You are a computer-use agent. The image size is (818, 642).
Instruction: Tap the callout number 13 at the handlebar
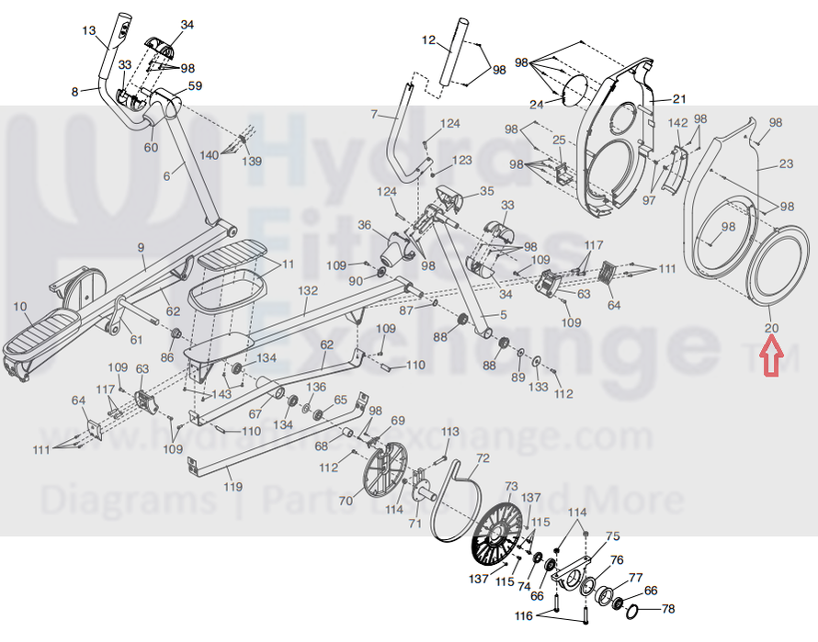pyautogui.click(x=89, y=31)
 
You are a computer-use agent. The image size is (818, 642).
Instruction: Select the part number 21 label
pyautogui.click(x=679, y=99)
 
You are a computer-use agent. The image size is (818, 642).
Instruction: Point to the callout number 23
pyautogui.click(x=785, y=165)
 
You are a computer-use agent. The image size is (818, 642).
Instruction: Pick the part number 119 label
pyautogui.click(x=233, y=486)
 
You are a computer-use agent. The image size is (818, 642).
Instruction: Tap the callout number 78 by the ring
pyautogui.click(x=667, y=609)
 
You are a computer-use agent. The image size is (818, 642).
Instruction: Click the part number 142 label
pyautogui.click(x=677, y=123)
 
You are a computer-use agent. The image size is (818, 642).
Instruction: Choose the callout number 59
pyautogui.click(x=195, y=87)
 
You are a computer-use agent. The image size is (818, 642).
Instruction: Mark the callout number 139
pyautogui.click(x=252, y=162)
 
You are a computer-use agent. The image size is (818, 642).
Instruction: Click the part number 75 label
pyautogui.click(x=612, y=536)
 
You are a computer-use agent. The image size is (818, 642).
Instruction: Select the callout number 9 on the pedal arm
pyautogui.click(x=141, y=248)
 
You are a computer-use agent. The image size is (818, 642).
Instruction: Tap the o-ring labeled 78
pyautogui.click(x=640, y=611)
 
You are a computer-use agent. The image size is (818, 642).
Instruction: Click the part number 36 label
pyautogui.click(x=364, y=225)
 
